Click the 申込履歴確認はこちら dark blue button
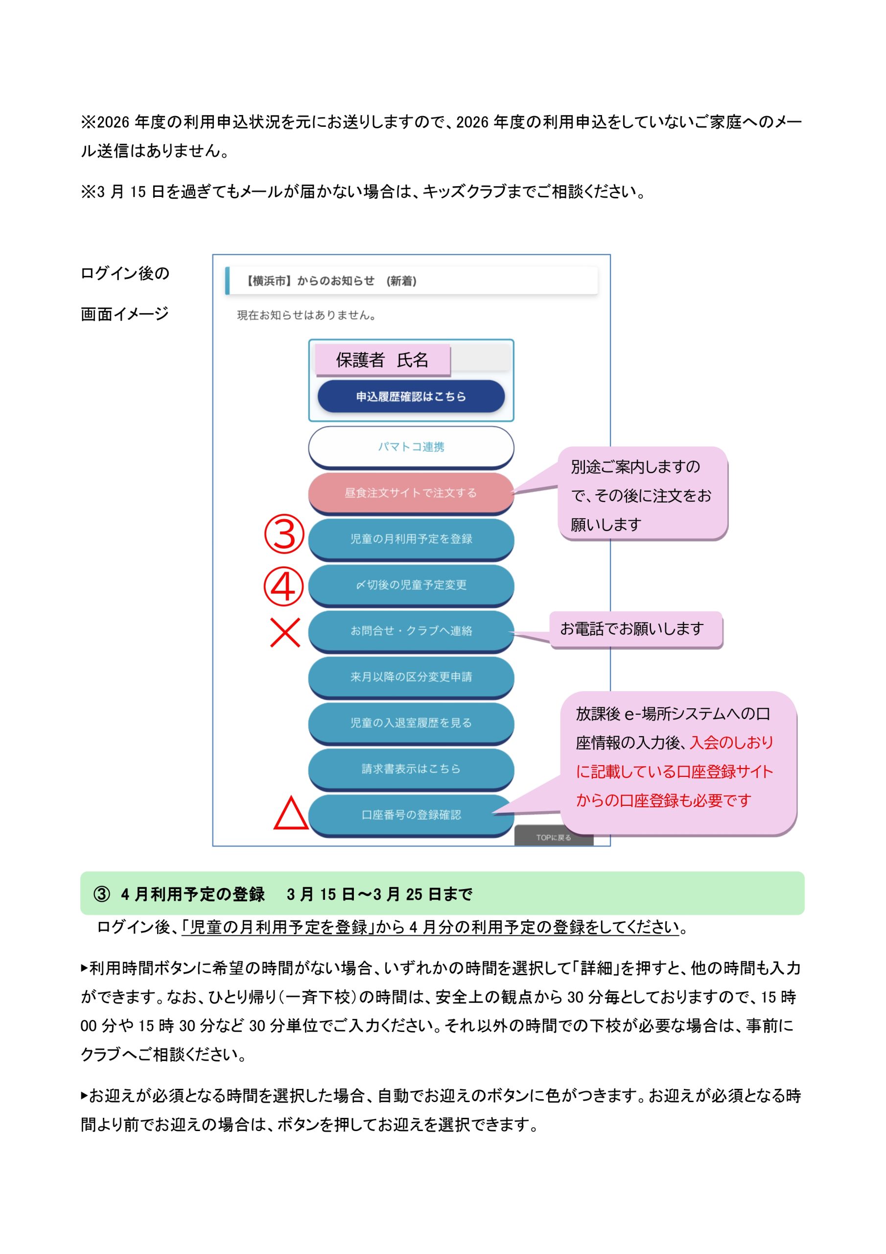(x=411, y=396)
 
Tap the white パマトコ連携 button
(x=411, y=446)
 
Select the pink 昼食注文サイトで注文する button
(x=411, y=493)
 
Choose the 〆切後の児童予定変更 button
(x=411, y=584)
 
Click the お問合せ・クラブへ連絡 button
(x=411, y=630)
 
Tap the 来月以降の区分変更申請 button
(x=411, y=676)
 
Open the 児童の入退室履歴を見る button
(x=411, y=722)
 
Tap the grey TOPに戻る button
(x=553, y=837)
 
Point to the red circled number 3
(x=284, y=533)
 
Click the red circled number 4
(x=283, y=586)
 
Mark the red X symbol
(x=285, y=632)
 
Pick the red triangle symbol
(x=290, y=814)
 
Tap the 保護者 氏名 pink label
(x=382, y=360)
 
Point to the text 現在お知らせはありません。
(x=306, y=315)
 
